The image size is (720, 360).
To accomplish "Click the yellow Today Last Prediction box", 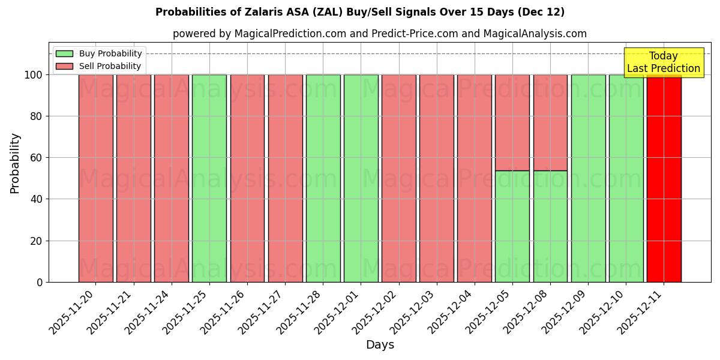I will coord(663,62).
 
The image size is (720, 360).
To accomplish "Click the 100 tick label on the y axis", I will coord(33,75).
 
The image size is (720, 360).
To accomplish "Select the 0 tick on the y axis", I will coord(40,282).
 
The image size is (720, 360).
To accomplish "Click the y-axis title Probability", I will coord(15,163).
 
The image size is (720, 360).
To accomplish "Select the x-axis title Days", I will coord(380,345).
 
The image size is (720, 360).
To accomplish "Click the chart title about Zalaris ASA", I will coord(360,12).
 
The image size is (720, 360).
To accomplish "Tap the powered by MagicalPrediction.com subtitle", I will coord(380,34).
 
